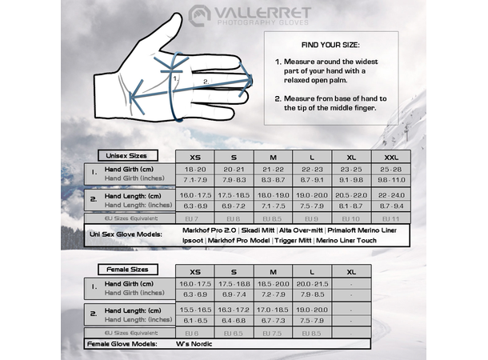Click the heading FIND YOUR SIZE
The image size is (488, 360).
click(x=330, y=45)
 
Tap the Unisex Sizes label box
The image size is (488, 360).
click(x=126, y=155)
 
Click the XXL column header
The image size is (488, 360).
click(x=391, y=157)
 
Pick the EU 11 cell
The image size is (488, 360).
click(x=391, y=218)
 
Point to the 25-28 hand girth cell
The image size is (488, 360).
click(x=391, y=170)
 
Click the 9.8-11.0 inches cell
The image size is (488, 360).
click(x=391, y=180)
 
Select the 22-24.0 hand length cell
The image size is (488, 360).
click(x=391, y=195)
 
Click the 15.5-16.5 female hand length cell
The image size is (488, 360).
click(x=194, y=309)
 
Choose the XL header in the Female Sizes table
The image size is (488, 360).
click(x=351, y=271)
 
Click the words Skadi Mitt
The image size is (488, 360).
click(x=258, y=230)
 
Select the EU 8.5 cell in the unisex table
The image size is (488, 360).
click(x=273, y=218)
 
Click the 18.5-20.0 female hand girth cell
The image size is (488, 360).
click(x=273, y=285)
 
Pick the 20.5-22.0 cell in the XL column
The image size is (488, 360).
click(x=351, y=195)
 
